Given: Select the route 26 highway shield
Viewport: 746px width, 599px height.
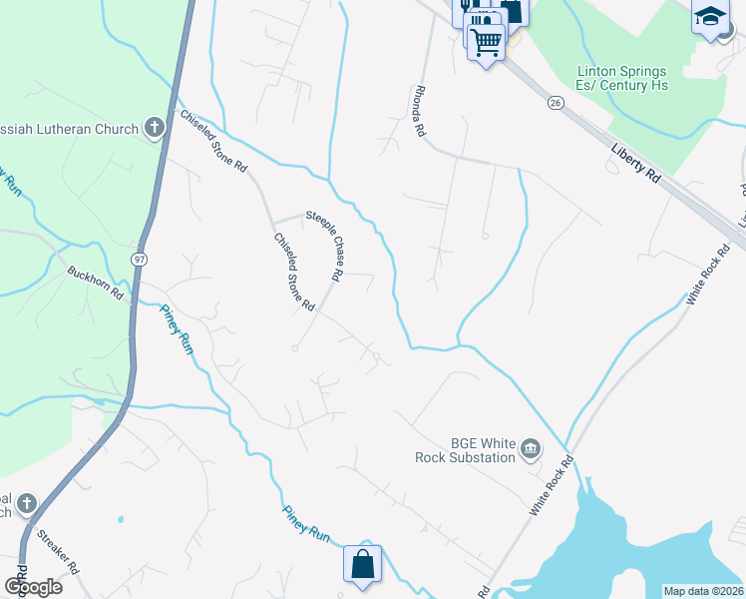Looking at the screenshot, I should coord(556,103).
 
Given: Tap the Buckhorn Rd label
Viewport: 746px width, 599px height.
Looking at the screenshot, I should coord(95,284).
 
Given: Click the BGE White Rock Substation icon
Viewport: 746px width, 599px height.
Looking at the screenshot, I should coord(531,448).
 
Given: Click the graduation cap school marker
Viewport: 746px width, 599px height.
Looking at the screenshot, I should coord(709,17).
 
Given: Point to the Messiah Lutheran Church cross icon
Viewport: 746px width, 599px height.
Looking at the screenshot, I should coord(154,127).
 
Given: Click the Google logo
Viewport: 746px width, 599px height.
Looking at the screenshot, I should coord(32,587).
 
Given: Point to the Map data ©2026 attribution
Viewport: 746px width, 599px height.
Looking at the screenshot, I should coord(703,591).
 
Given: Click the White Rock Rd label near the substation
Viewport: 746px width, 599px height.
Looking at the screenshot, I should coord(554,486).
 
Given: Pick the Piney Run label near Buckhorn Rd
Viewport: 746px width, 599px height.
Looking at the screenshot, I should coord(177,328).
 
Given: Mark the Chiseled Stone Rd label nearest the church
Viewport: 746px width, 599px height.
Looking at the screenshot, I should coord(212,141).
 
